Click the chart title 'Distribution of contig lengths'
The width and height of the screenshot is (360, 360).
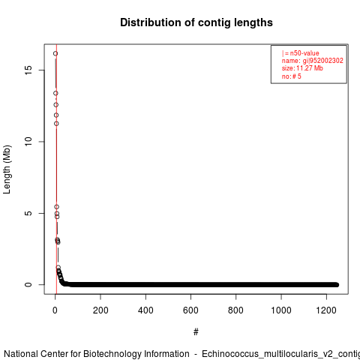pyautogui.click(x=196, y=22)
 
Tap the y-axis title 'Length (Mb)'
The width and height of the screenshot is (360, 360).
pyautogui.click(x=7, y=169)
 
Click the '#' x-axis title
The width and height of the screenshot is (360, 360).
pyautogui.click(x=196, y=332)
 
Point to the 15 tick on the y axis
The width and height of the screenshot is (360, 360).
pyautogui.click(x=28, y=70)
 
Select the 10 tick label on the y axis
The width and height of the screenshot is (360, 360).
pyautogui.click(x=28, y=142)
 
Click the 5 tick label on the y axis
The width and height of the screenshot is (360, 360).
pyautogui.click(x=28, y=213)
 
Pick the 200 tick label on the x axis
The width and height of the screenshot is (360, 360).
pyautogui.click(x=100, y=310)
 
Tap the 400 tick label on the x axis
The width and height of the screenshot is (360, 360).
pyautogui.click(x=145, y=310)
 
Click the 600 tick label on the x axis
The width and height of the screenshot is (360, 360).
pyautogui.click(x=190, y=310)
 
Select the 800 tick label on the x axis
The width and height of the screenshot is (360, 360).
pyautogui.click(x=235, y=310)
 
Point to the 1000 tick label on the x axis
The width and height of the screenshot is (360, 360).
pyautogui.click(x=281, y=310)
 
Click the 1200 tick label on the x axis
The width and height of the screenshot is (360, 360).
pyautogui.click(x=326, y=310)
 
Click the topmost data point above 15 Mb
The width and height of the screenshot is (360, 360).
pyautogui.click(x=55, y=53)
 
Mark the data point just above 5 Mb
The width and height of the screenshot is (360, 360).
pyautogui.click(x=57, y=207)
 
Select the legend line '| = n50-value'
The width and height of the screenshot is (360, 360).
pyautogui.click(x=301, y=53)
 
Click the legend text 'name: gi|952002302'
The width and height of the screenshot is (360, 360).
pyautogui.click(x=313, y=61)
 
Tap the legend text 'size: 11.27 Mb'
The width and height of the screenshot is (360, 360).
pyautogui.click(x=302, y=68)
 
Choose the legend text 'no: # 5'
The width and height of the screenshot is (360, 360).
pyautogui.click(x=292, y=76)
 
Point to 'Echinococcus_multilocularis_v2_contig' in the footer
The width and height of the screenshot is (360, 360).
pyautogui.click(x=280, y=355)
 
